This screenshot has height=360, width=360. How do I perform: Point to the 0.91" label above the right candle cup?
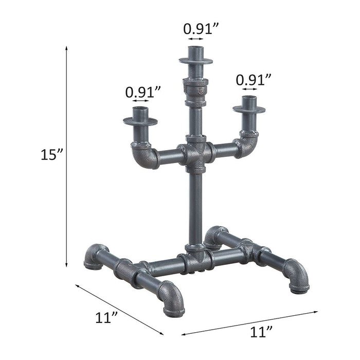254,80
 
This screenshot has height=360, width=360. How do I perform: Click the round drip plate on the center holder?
196,61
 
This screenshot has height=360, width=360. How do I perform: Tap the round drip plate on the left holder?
140,121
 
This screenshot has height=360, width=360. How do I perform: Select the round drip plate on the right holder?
249,109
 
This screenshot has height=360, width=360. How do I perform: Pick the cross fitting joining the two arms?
196,153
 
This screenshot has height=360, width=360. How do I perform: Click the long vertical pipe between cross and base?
196,208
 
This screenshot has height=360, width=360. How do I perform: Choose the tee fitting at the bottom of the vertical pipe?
196,258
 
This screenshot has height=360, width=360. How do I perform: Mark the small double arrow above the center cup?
196,39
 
